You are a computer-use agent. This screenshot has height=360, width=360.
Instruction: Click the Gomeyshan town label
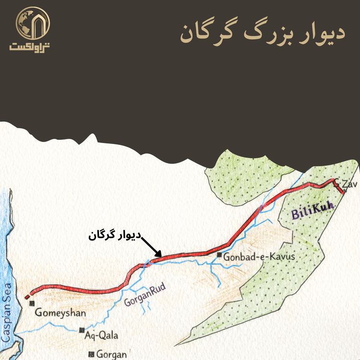pos(60,313)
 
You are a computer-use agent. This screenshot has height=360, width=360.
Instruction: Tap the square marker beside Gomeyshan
pos(32,303)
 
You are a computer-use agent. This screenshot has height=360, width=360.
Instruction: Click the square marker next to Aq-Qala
pos(82,330)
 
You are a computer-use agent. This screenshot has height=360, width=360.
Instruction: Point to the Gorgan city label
pos(111,355)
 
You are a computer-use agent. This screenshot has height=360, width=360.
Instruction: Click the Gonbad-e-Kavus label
pos(259,257)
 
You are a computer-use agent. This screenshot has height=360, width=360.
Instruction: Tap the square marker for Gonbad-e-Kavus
pos(219,255)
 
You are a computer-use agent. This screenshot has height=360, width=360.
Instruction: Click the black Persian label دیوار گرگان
pos(115,235)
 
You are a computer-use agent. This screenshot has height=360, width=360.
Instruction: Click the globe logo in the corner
pos(29,22)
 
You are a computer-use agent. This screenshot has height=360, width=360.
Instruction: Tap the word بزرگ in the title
pos(264,32)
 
